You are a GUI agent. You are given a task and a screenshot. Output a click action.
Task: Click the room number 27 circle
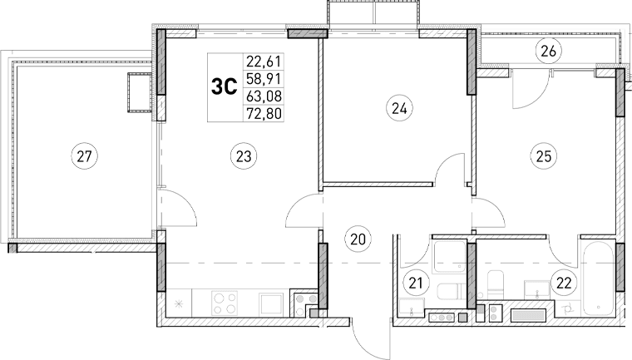pos(83,154)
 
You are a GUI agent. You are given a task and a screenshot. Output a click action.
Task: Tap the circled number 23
pos(243,154)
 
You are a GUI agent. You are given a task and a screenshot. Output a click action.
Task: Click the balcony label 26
pos(547,52)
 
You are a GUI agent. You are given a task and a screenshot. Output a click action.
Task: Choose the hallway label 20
pos(358,239)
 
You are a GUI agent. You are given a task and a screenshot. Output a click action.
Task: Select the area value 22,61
pos(262,59)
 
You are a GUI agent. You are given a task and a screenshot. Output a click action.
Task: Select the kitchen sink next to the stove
pos(271,303)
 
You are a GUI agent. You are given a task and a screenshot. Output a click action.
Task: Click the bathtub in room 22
pos(599,279)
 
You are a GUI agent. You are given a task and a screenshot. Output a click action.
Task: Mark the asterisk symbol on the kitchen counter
pos(179,303)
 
